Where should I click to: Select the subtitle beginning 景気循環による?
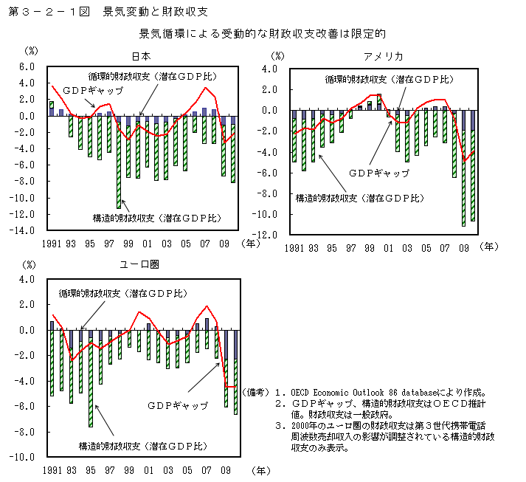pyautogui.click(x=263, y=34)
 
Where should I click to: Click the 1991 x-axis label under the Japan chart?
pyautogui.click(x=51, y=244)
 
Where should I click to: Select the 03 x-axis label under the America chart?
pyautogui.click(x=407, y=248)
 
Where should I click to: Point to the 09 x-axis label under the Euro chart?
pyautogui.click(x=226, y=470)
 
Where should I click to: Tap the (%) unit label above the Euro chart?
pyautogui.click(x=30, y=264)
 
